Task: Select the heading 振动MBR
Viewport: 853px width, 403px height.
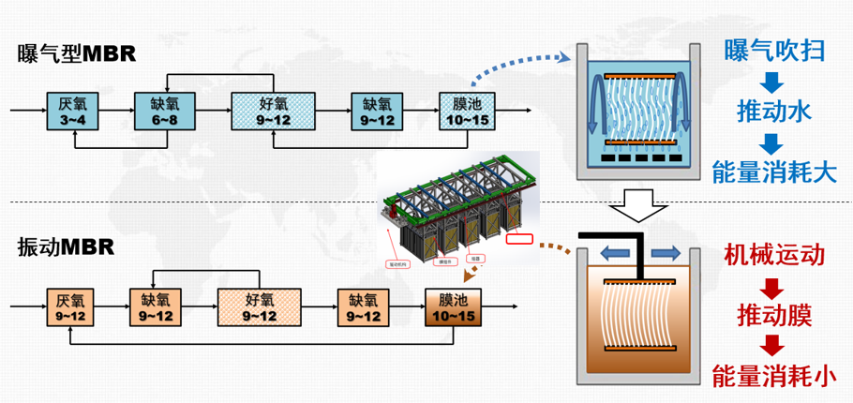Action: [x=66, y=247]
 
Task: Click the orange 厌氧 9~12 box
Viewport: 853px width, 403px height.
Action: [x=70, y=307]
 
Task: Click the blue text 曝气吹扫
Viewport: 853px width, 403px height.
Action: [x=774, y=50]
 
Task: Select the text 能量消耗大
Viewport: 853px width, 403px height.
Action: [x=773, y=172]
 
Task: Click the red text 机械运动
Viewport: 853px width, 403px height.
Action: [x=773, y=254]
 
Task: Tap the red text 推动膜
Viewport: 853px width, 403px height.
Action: [x=773, y=312]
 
